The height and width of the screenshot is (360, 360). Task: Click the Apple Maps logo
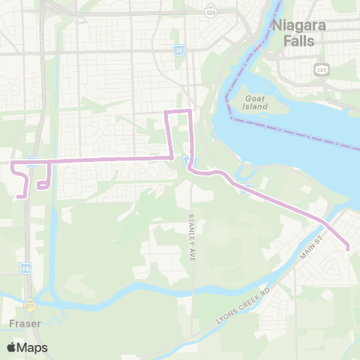click(26, 347)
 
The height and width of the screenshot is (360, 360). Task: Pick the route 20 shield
click(178, 51)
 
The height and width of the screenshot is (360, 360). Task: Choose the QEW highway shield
click(30, 304)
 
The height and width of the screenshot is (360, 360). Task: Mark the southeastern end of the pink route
click(347, 249)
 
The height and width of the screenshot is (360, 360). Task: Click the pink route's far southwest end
click(19, 196)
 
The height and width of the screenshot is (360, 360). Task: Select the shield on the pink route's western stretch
click(31, 160)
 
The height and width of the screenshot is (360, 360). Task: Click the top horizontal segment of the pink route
click(178, 112)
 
